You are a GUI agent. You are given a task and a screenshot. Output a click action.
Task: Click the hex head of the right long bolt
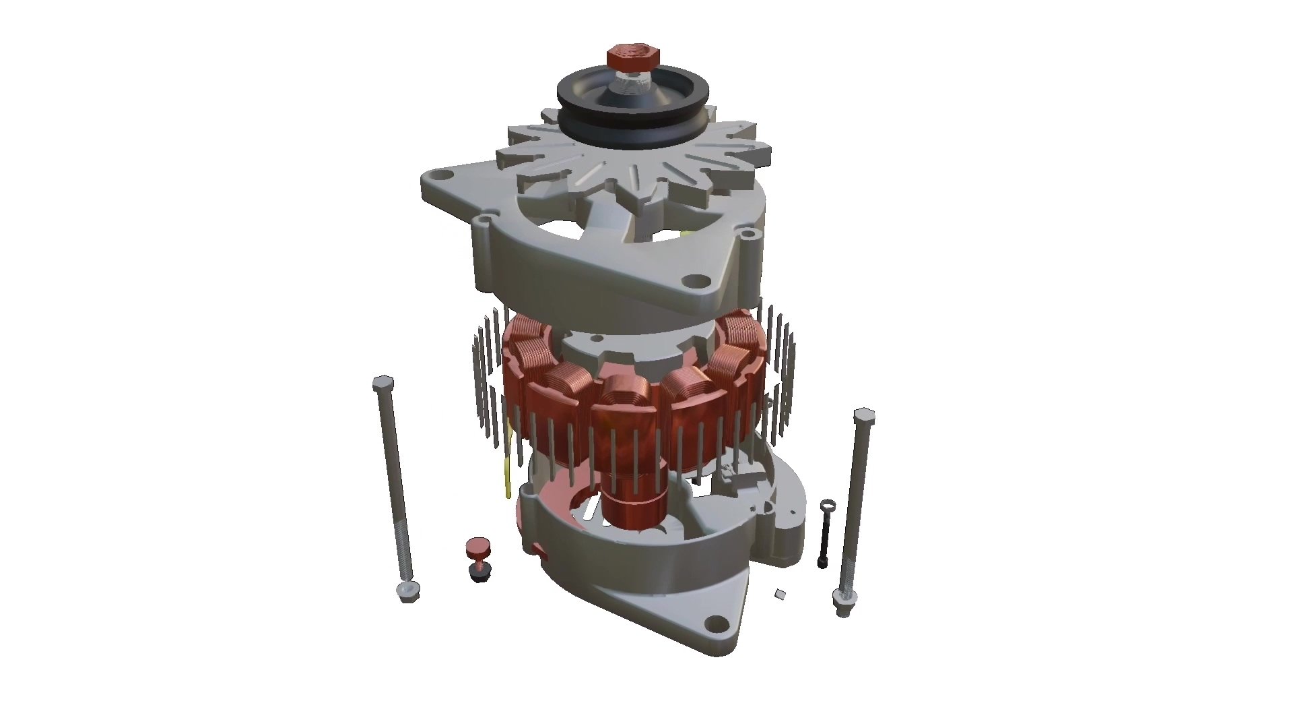coord(863,415)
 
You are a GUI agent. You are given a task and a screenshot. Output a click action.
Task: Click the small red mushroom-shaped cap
coord(479,547)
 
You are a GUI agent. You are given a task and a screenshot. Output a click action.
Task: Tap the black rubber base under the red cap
coord(479,574)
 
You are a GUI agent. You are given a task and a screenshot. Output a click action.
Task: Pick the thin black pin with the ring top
coord(824,539)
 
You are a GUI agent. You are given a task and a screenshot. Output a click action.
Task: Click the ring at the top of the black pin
coord(828,505)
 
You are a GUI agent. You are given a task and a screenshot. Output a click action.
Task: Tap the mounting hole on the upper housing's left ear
coord(441,176)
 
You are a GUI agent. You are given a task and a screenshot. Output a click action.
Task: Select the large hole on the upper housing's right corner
coord(693,280)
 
